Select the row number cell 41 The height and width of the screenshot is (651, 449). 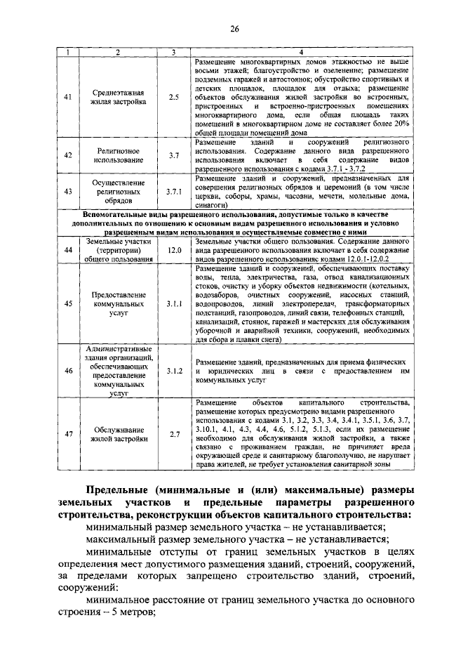[68, 97]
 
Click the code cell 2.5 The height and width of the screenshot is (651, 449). [174, 97]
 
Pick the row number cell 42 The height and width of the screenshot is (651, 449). [68, 156]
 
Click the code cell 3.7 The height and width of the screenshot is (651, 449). [174, 156]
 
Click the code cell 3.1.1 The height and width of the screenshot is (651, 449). [174, 303]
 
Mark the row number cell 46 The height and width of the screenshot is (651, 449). [68, 370]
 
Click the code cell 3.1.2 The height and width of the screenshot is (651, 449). [174, 370]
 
